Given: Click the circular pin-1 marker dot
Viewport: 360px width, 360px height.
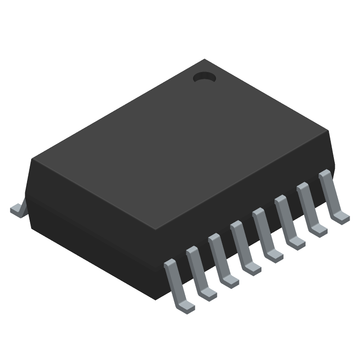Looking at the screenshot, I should click(205, 78).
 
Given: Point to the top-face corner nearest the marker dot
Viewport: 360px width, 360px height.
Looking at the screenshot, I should click(205, 59).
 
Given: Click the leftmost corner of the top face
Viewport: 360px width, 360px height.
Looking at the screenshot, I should click(31, 159).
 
